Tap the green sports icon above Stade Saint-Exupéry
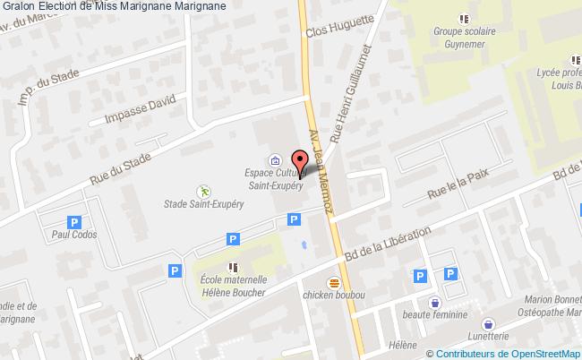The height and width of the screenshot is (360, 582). [203, 192]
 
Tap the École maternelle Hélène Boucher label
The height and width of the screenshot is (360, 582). [231, 286]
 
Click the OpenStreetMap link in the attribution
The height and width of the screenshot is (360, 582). [541, 352]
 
